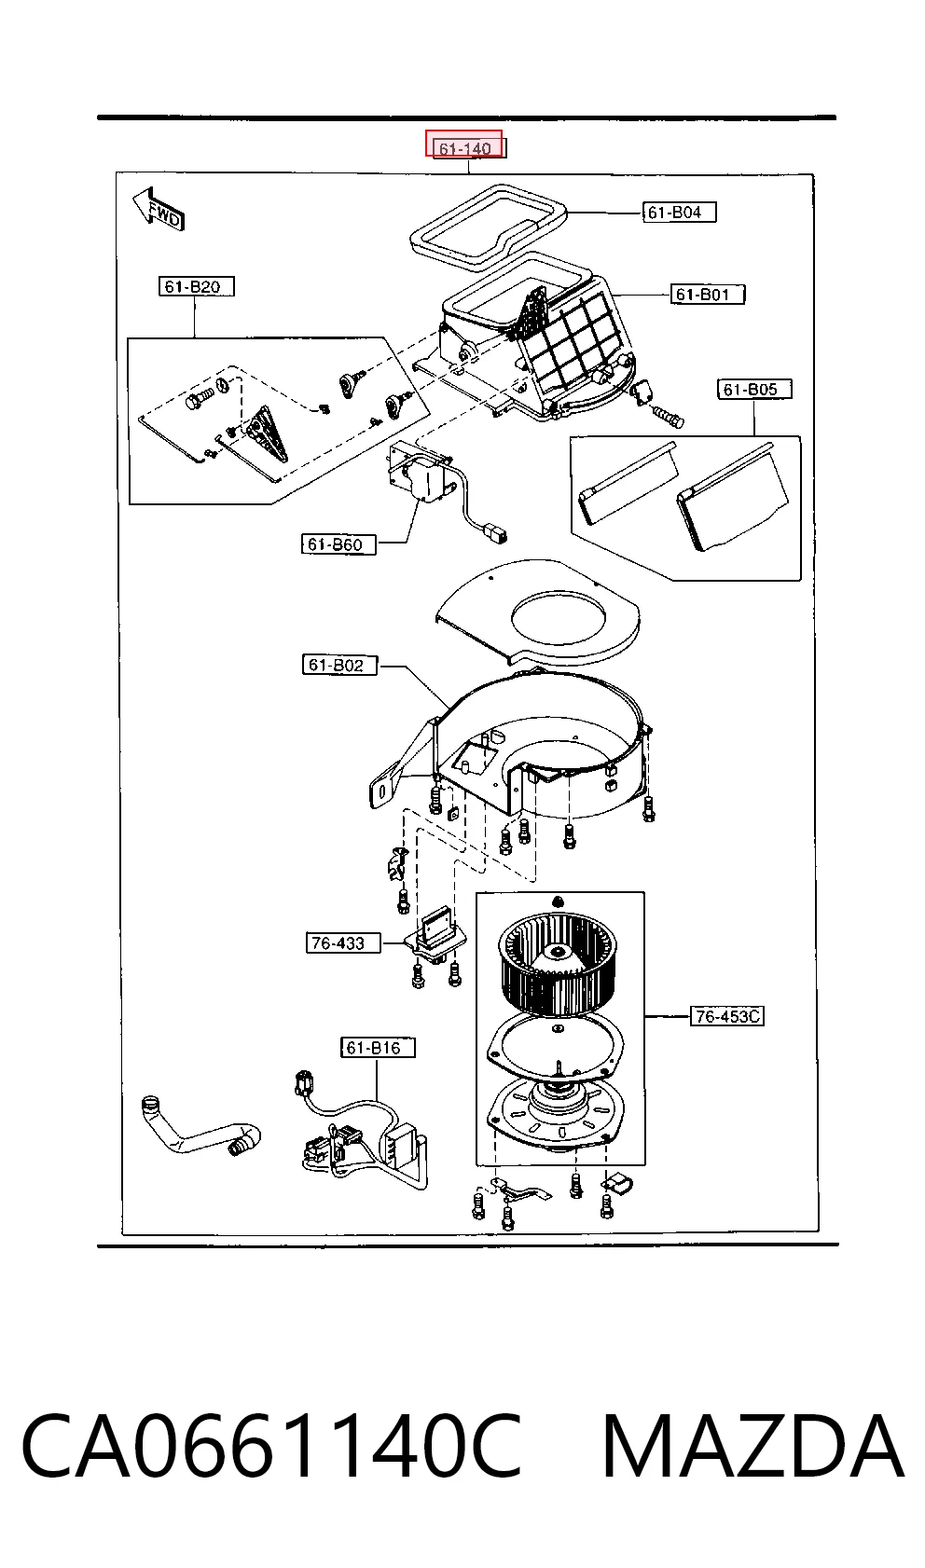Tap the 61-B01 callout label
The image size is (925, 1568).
pos(707,294)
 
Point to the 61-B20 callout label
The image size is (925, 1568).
pos(196,286)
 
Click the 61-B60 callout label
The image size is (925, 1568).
pos(338,544)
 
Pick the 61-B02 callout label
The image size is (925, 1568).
pos(339,665)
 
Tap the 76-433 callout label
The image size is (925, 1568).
pos(343,942)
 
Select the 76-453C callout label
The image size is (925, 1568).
pos(726,1016)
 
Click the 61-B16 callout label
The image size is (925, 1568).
pos(378,1047)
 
